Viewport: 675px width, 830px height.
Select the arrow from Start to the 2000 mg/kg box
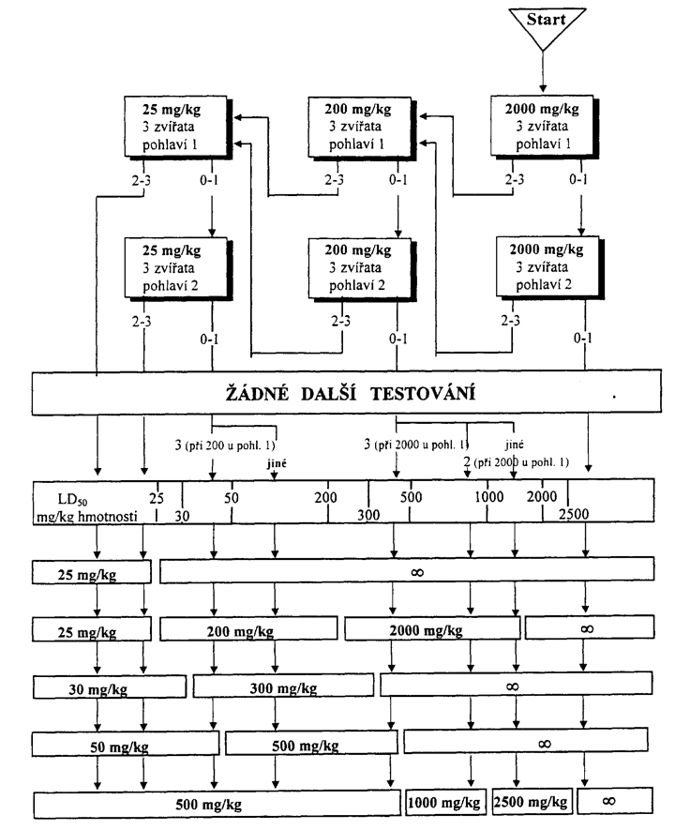click(543, 71)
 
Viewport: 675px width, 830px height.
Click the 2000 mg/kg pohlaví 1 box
click(543, 126)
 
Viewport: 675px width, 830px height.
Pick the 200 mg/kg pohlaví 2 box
click(361, 268)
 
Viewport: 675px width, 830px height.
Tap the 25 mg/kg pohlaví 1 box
click(176, 127)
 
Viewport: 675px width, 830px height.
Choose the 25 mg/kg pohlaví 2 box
click(176, 268)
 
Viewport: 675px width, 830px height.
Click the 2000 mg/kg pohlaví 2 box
click(548, 266)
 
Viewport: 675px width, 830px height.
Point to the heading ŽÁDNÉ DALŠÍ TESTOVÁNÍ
click(351, 394)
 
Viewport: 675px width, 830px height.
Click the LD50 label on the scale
click(73, 499)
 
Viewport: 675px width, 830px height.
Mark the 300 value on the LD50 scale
click(368, 515)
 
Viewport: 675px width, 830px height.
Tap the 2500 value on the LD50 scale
click(574, 513)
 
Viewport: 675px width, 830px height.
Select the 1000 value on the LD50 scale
click(488, 496)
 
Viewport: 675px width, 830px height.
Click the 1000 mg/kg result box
click(443, 803)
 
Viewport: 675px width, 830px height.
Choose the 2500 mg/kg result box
click(532, 802)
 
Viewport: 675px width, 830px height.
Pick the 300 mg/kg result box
click(283, 686)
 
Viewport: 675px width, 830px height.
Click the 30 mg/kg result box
click(110, 687)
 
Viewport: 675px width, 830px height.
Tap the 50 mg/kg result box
click(126, 745)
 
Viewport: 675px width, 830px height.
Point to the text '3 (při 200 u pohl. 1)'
click(225, 445)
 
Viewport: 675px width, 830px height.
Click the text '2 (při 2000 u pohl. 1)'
click(517, 462)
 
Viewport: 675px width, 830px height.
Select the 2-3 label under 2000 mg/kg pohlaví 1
click(514, 180)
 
